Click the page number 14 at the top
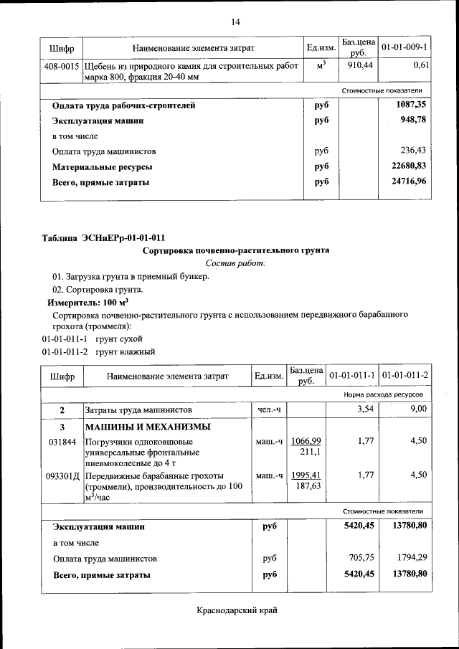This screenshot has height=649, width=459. click(x=235, y=22)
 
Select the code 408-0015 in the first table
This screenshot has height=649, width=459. click(x=62, y=65)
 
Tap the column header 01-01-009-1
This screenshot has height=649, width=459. click(x=404, y=47)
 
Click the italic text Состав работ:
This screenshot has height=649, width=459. click(x=235, y=264)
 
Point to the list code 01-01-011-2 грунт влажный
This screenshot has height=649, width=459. click(x=98, y=351)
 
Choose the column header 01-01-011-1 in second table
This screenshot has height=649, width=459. click(x=352, y=375)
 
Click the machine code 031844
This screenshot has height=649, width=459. click(x=62, y=441)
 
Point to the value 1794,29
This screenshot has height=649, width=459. click(x=410, y=558)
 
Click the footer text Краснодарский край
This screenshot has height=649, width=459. click(x=236, y=610)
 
